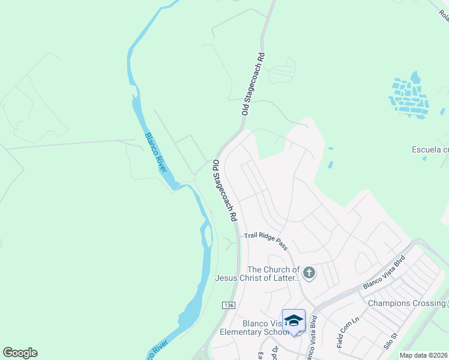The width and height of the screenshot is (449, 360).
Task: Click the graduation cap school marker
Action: tap(294, 321)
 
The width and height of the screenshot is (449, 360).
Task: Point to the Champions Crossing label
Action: tap(406, 303)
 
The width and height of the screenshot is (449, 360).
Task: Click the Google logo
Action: tap(20, 353)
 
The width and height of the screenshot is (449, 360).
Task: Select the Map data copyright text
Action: tap(424, 355)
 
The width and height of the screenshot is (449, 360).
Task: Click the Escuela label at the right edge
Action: tap(430, 149)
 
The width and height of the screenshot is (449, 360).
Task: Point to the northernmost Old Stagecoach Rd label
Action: tap(253, 84)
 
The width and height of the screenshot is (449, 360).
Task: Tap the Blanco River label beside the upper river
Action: tap(155, 152)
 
